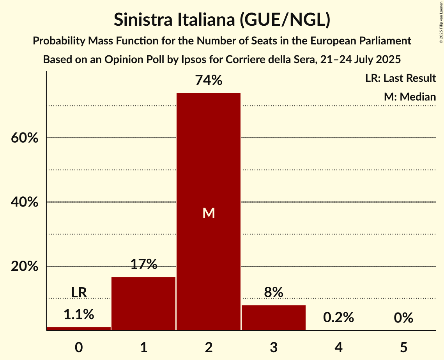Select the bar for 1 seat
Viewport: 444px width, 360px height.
pyautogui.click(x=143, y=304)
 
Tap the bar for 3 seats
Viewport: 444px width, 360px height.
pyautogui.click(x=273, y=318)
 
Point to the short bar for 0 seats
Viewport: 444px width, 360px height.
pyautogui.click(x=79, y=328)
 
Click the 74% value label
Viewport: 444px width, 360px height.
pyautogui.click(x=209, y=81)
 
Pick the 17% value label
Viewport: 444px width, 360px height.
pyautogui.click(x=143, y=265)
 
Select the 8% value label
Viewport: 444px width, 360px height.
pyautogui.click(x=273, y=292)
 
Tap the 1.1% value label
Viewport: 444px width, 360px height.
pyautogui.click(x=79, y=314)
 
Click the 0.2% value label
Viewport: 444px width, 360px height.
pyautogui.click(x=338, y=318)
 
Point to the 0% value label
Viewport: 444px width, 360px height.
pyautogui.click(x=403, y=318)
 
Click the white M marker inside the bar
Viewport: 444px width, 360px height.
pyautogui.click(x=209, y=213)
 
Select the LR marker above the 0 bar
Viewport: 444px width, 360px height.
pyautogui.click(x=79, y=292)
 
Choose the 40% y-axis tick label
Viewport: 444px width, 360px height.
pyautogui.click(x=27, y=202)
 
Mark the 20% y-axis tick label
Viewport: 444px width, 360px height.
pyautogui.click(x=27, y=266)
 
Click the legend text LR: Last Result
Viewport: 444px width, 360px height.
pyautogui.click(x=400, y=78)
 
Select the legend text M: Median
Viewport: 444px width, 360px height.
pyautogui.click(x=410, y=97)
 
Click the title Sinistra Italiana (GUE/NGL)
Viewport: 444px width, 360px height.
pyautogui.click(x=222, y=20)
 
